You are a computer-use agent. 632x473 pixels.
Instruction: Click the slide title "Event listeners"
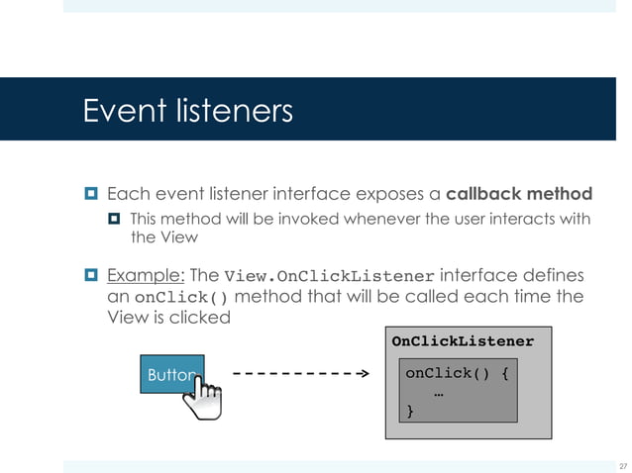pos(188,110)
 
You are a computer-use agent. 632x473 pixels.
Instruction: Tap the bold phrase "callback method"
pos(519,193)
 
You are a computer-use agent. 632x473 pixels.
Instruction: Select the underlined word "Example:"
pos(144,275)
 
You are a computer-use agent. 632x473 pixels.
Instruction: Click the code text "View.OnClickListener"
pos(330,276)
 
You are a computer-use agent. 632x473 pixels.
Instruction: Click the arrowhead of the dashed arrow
pos(362,375)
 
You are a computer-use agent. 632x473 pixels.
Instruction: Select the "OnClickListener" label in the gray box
pos(463,341)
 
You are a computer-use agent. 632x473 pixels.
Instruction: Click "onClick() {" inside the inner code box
pos(457,374)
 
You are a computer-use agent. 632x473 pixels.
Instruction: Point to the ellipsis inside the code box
pos(438,394)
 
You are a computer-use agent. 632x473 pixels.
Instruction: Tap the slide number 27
pos(622,465)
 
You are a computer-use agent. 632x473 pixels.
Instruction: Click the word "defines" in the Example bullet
pos(554,275)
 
